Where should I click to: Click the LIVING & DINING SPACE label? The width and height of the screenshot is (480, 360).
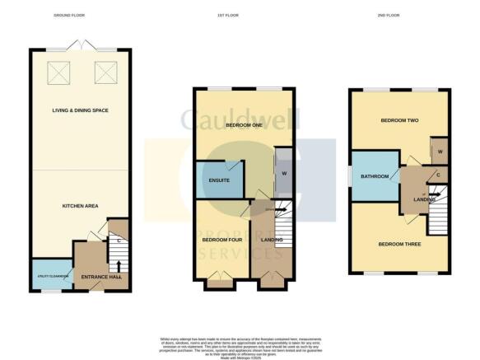(x=80, y=110)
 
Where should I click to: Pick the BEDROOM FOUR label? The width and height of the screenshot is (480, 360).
(x=221, y=240)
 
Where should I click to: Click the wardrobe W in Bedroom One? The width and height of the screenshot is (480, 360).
(x=282, y=172)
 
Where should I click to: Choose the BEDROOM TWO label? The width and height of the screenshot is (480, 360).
(x=399, y=121)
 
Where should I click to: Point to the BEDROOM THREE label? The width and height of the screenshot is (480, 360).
(x=398, y=245)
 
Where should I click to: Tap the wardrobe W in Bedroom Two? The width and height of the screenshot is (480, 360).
(x=440, y=152)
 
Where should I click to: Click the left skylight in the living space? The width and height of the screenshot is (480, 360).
(x=60, y=73)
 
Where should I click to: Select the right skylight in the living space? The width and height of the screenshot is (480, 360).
(x=105, y=73)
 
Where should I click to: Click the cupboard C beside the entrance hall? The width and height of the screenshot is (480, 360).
(x=119, y=241)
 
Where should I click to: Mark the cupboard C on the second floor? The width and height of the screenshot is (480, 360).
(x=437, y=175)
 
